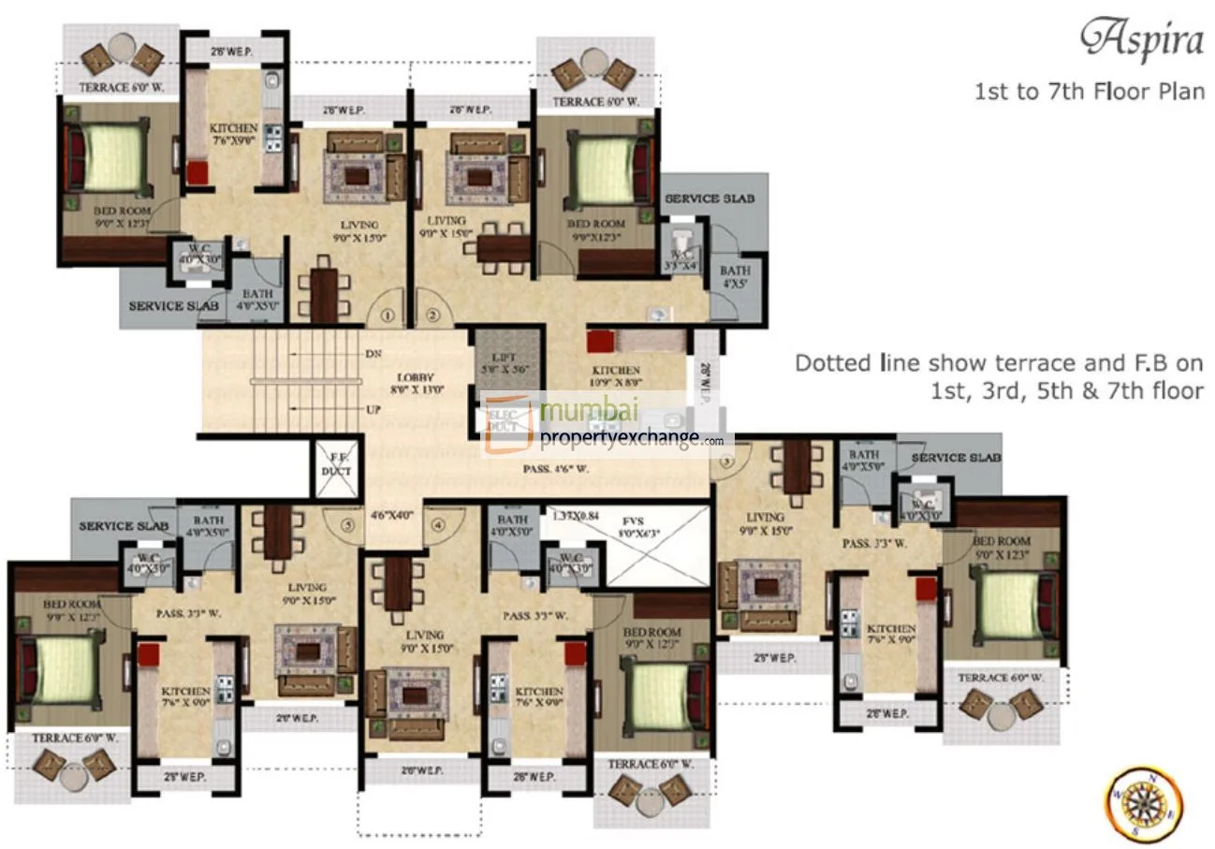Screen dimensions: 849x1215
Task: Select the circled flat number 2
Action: (432, 315)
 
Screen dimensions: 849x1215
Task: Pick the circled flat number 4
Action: (438, 525)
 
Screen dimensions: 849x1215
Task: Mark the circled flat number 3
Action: (726, 461)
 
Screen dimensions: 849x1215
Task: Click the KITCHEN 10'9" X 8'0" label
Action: (616, 376)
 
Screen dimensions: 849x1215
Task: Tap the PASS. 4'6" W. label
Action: (555, 469)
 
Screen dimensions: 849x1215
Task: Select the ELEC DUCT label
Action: (502, 420)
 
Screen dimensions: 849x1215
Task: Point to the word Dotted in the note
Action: (823, 363)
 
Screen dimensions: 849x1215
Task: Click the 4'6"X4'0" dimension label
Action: (391, 514)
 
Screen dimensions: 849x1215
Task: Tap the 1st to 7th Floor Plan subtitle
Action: (1089, 92)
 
